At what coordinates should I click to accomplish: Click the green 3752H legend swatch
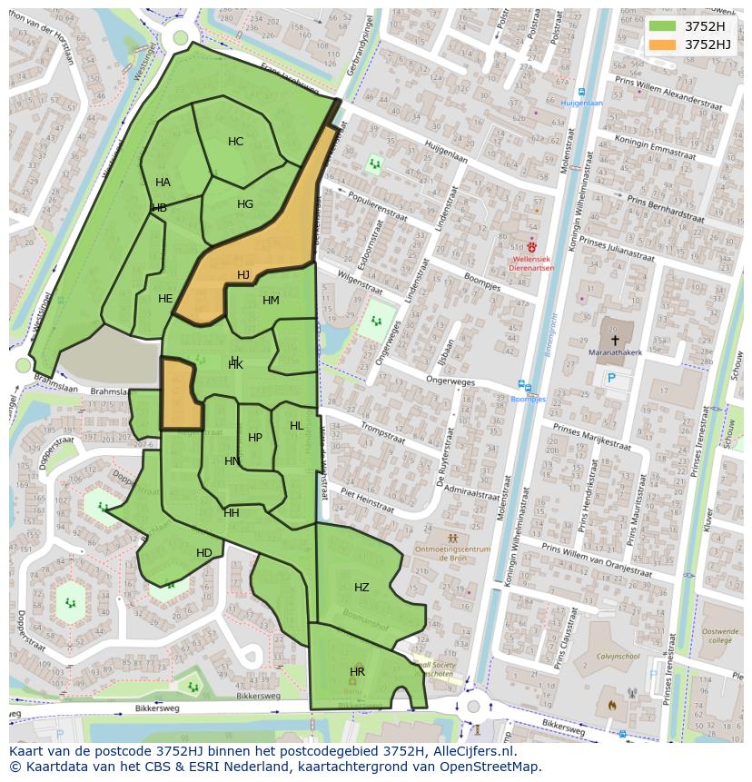(663, 26)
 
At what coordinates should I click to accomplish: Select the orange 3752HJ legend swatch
(663, 45)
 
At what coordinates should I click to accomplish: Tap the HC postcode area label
(235, 142)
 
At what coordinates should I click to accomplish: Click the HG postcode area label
(245, 204)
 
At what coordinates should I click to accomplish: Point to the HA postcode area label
(163, 183)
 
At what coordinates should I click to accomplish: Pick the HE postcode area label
(165, 299)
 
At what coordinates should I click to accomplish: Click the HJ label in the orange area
(243, 274)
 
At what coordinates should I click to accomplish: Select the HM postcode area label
(271, 301)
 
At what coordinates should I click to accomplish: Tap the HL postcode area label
(297, 426)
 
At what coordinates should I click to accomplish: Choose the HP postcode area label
(255, 438)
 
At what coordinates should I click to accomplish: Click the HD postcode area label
(204, 553)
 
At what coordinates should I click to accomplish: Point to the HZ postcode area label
(361, 588)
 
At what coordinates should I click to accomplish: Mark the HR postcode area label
(357, 672)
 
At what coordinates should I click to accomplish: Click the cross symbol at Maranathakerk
(615, 340)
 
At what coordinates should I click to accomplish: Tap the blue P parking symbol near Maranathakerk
(611, 378)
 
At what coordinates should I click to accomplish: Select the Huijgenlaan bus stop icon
(580, 92)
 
